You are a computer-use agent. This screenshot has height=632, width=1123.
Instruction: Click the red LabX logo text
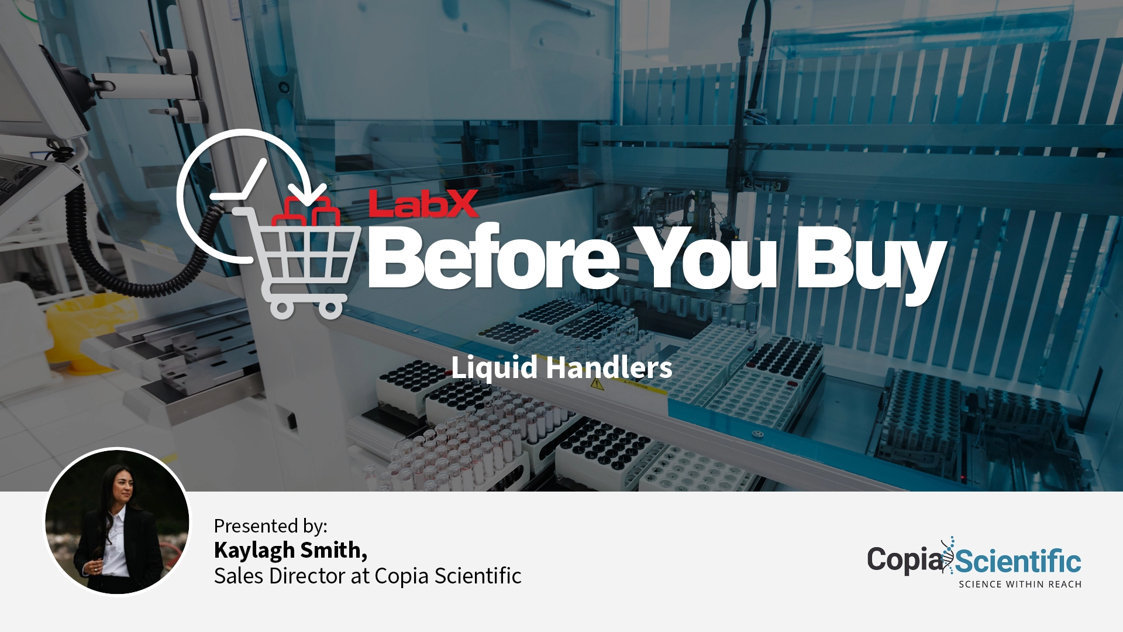pyautogui.click(x=424, y=204)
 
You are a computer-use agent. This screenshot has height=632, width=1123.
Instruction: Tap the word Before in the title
pyautogui.click(x=493, y=257)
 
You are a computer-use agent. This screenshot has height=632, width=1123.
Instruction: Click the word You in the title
pyautogui.click(x=707, y=257)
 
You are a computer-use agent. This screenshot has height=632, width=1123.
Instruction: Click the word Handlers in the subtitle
pyautogui.click(x=609, y=367)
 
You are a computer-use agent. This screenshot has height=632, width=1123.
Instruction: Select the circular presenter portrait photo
pyautogui.click(x=117, y=521)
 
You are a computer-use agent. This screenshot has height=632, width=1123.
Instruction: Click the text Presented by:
pyautogui.click(x=270, y=526)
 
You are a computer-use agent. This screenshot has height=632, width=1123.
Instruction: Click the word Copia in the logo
pyautogui.click(x=904, y=560)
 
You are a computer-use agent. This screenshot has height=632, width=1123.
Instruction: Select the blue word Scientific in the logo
pyautogui.click(x=1018, y=562)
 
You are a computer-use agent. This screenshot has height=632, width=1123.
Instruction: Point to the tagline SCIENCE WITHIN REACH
pyautogui.click(x=1020, y=584)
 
